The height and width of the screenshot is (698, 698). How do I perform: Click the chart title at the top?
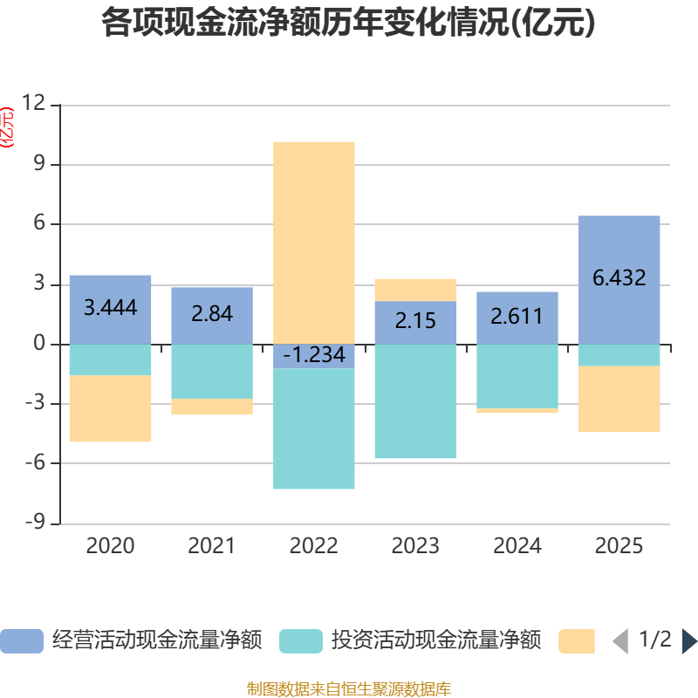[348, 24]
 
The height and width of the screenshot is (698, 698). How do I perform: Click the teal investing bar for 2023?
[416, 401]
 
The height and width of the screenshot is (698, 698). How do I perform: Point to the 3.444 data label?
[110, 307]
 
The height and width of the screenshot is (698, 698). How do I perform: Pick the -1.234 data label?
[314, 355]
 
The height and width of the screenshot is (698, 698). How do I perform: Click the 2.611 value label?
[517, 316]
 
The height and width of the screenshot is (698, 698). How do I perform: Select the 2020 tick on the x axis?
[110, 546]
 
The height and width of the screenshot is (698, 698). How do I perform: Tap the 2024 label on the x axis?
[517, 546]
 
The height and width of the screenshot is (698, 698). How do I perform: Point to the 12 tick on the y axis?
[34, 104]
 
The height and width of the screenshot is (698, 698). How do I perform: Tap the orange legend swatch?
[576, 641]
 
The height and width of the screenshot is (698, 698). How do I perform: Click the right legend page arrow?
[689, 641]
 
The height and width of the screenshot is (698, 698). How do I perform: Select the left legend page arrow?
[620, 641]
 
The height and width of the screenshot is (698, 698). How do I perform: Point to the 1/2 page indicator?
[655, 640]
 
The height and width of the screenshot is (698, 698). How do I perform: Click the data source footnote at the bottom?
[348, 689]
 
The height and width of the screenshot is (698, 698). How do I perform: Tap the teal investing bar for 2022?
[314, 428]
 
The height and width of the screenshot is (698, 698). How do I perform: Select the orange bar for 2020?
[110, 408]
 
